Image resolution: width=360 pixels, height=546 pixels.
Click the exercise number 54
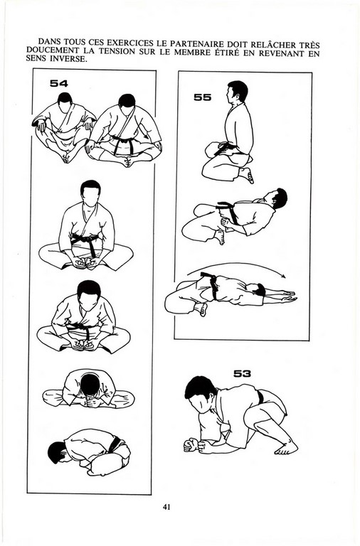coord(59,84)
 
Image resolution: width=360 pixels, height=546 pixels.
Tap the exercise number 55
coord(203,97)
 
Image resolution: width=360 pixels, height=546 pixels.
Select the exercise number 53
coord(242,374)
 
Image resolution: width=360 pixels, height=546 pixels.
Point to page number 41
coord(166,507)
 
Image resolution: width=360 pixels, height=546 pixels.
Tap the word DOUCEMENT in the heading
coord(49,51)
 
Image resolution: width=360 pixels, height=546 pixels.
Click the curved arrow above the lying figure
coord(237,264)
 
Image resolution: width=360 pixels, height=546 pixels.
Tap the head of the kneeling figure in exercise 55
coord(238,92)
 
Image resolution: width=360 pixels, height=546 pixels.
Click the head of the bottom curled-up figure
coord(58,452)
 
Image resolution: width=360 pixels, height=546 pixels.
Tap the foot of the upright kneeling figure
coord(247,175)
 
